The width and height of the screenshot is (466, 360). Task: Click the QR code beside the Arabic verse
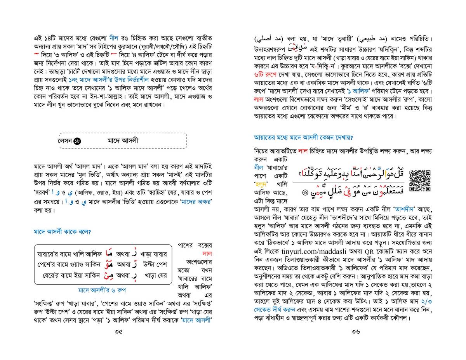pos(421,181)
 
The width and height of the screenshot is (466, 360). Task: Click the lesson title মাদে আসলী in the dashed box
pos(123,140)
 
